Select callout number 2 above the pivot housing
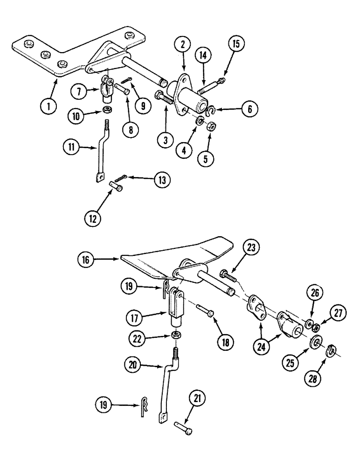pos(183,45)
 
